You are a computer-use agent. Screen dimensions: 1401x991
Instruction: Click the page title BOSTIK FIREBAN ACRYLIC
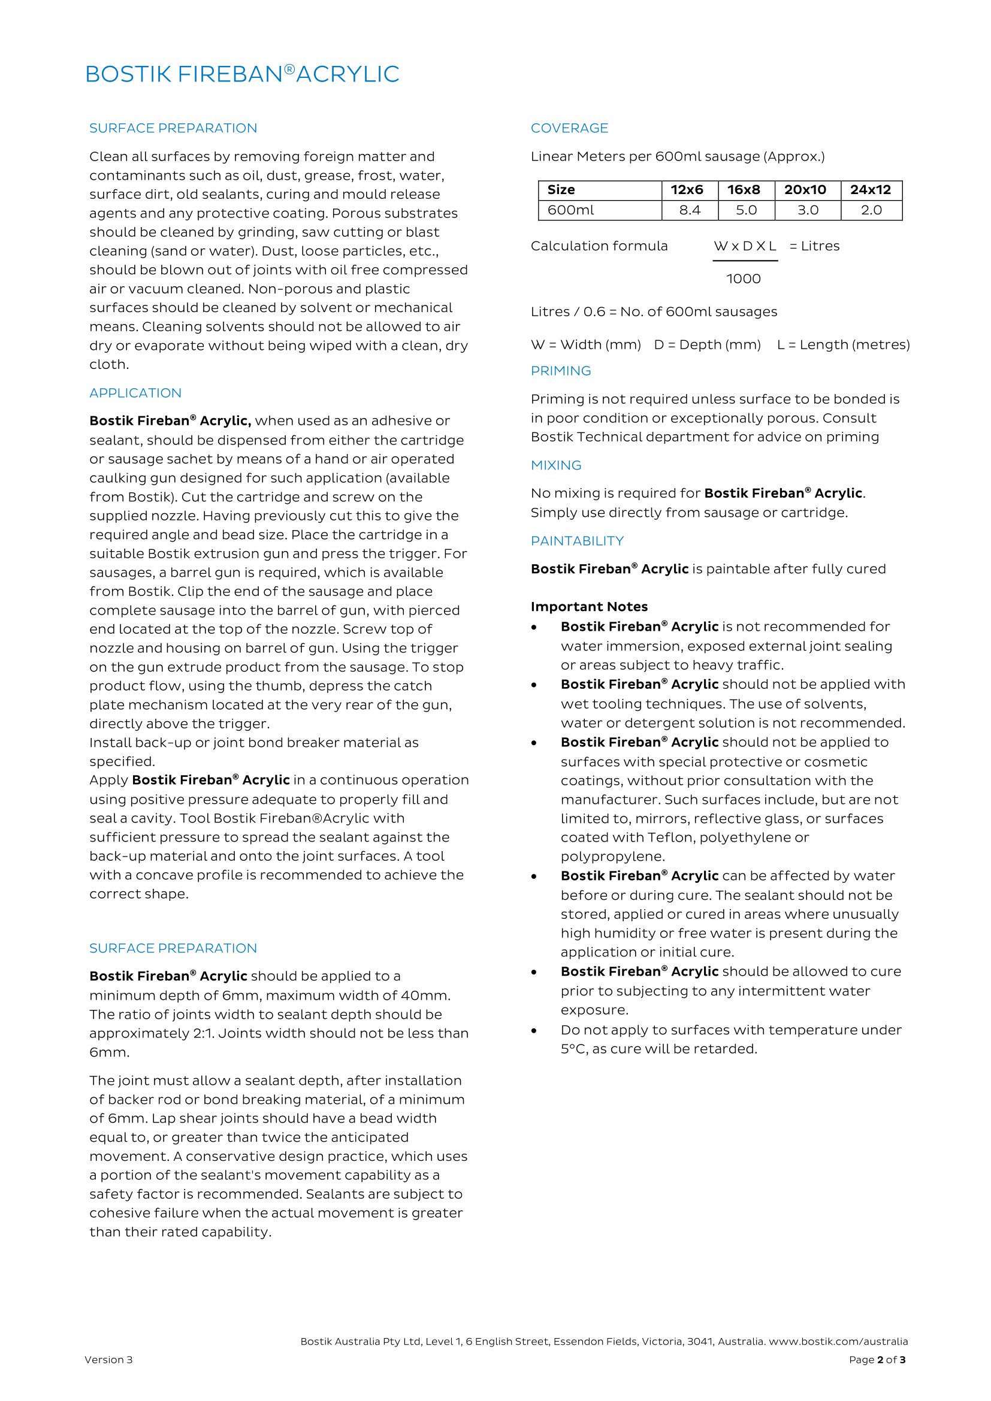coord(241,74)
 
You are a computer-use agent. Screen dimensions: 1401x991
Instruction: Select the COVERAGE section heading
coord(569,128)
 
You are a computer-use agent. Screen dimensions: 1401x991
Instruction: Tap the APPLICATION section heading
coord(135,393)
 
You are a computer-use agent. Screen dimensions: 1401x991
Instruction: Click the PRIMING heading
coord(560,371)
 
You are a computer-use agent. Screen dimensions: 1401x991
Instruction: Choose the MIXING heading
coord(555,465)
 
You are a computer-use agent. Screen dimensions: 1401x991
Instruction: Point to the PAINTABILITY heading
coord(576,541)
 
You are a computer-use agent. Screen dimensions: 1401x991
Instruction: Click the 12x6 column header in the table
coord(687,190)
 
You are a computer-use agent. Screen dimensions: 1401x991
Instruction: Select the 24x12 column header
coord(870,190)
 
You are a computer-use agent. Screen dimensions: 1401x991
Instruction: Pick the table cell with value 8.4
coord(690,210)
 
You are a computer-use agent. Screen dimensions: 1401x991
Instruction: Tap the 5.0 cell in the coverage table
coord(746,210)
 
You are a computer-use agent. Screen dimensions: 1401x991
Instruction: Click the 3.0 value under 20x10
coord(807,210)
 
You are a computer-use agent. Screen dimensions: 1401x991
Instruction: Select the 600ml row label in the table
coord(570,210)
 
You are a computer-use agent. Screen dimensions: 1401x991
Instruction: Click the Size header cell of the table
coord(561,190)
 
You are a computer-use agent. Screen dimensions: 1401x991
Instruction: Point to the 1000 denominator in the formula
coord(743,279)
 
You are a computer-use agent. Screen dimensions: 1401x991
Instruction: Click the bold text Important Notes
coord(589,607)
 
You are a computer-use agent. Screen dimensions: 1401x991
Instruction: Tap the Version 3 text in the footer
coord(108,1360)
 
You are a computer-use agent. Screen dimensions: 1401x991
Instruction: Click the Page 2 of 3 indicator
coord(877,1360)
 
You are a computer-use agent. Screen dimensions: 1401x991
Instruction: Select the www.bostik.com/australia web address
coord(838,1341)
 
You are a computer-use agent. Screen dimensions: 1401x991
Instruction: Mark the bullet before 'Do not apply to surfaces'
coord(534,1031)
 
